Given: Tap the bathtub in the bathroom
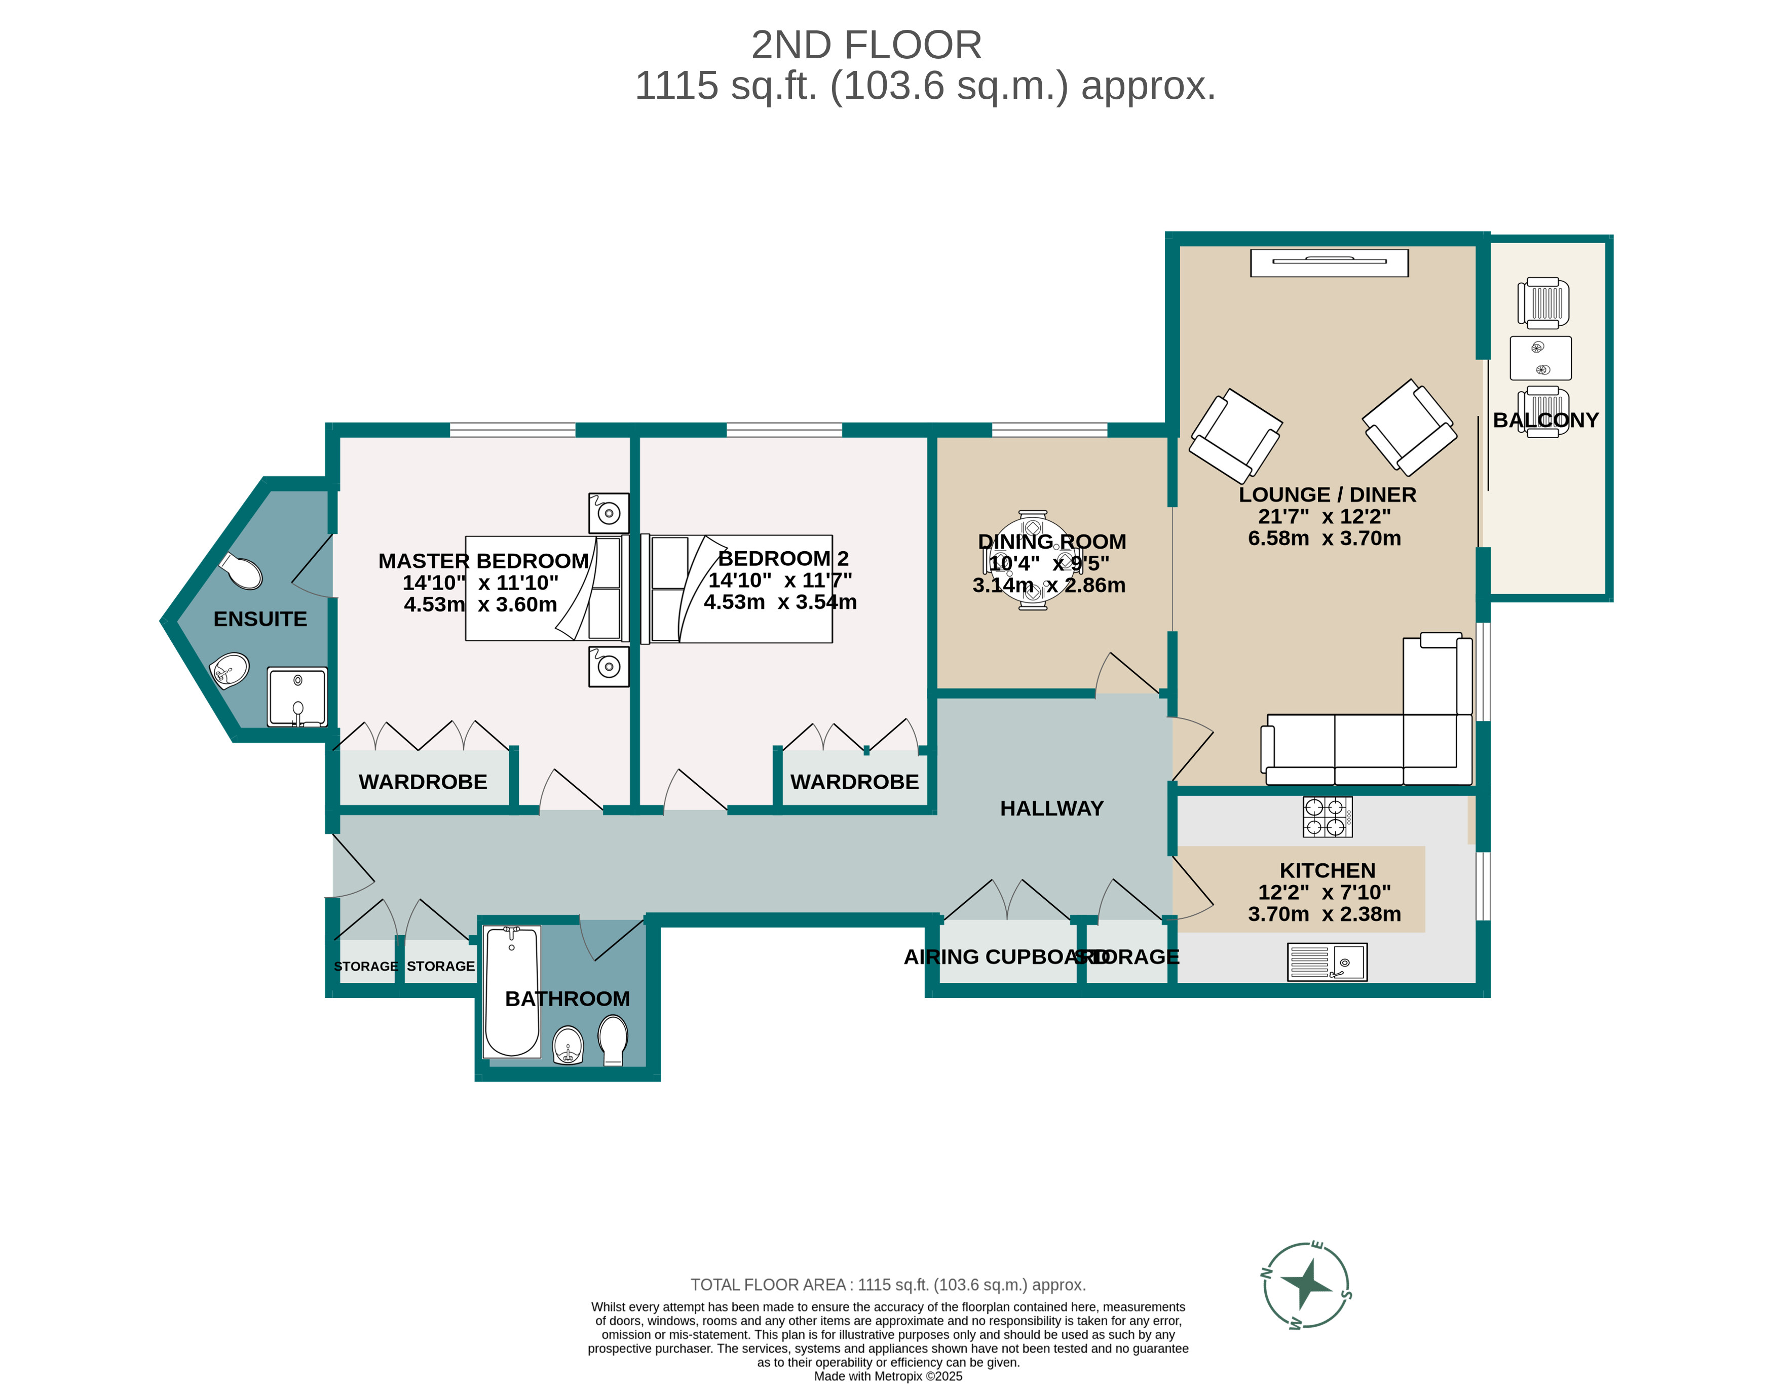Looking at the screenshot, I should pyautogui.click(x=512, y=991).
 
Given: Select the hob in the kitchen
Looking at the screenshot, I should pyautogui.click(x=1327, y=817).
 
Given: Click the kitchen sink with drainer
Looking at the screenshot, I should pyautogui.click(x=1326, y=962).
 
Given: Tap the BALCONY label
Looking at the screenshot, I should pyautogui.click(x=1545, y=420).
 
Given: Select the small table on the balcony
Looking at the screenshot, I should pyautogui.click(x=1540, y=358).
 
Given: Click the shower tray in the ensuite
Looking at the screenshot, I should pyautogui.click(x=297, y=697).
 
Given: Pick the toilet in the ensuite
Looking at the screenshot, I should pyautogui.click(x=242, y=570).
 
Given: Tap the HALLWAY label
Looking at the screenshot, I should pyautogui.click(x=1051, y=808).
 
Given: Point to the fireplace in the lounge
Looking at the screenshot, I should pyautogui.click(x=1329, y=262).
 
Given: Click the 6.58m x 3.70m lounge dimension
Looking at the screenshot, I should pyautogui.click(x=1324, y=539).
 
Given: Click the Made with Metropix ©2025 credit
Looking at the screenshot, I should pyautogui.click(x=888, y=1376).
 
